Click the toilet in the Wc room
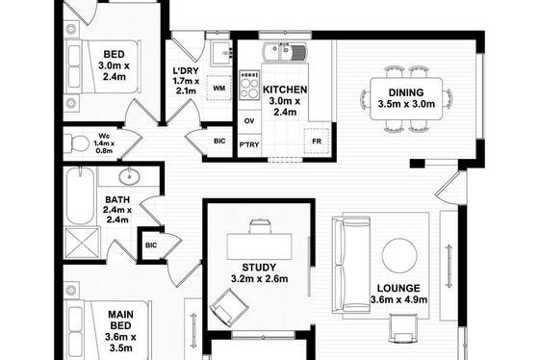[x=75, y=143]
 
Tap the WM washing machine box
[x=219, y=88]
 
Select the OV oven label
[x=249, y=121]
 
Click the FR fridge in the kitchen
[x=317, y=141]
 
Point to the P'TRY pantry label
[x=249, y=144]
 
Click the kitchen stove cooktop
[x=249, y=85]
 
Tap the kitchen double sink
[x=285, y=53]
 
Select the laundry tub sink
[x=221, y=53]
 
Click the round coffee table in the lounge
[x=399, y=256]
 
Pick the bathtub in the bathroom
[x=80, y=196]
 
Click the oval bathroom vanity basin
[x=130, y=177]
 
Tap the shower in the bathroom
[x=82, y=243]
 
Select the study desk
[x=260, y=246]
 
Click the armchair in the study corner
[x=228, y=308]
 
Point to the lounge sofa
[x=351, y=265]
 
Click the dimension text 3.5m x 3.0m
[x=406, y=104]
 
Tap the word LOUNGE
[x=398, y=288]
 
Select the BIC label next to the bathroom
[x=151, y=245]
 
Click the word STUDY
[x=259, y=268]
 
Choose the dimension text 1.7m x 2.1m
[x=186, y=87]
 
